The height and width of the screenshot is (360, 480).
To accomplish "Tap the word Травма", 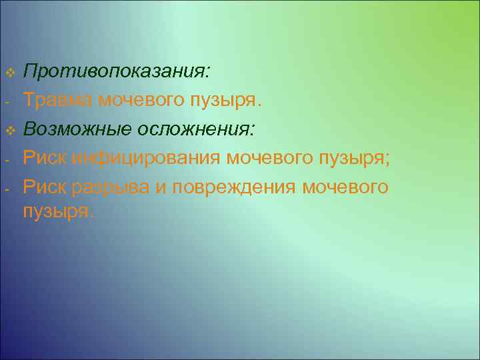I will pos(58,100).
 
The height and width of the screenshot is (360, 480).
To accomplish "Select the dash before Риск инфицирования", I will pos(5,160).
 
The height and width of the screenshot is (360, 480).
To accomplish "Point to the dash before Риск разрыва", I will pos(5,189).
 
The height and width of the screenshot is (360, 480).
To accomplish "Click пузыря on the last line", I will pos(58,213).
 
